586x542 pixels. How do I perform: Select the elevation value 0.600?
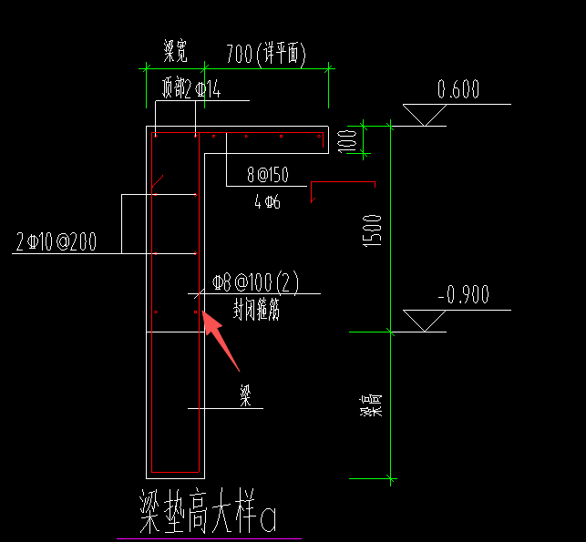click(x=458, y=89)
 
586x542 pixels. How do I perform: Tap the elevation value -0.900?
click(x=463, y=294)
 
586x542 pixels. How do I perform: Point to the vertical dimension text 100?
click(x=345, y=139)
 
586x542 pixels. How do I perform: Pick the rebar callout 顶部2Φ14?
click(x=191, y=88)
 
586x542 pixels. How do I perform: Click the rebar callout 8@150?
click(x=267, y=174)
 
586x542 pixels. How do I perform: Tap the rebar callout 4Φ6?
click(x=267, y=202)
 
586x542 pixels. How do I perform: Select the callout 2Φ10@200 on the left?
click(x=68, y=242)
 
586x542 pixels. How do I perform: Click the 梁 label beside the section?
click(x=244, y=394)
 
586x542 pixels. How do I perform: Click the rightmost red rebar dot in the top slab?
click(x=320, y=138)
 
